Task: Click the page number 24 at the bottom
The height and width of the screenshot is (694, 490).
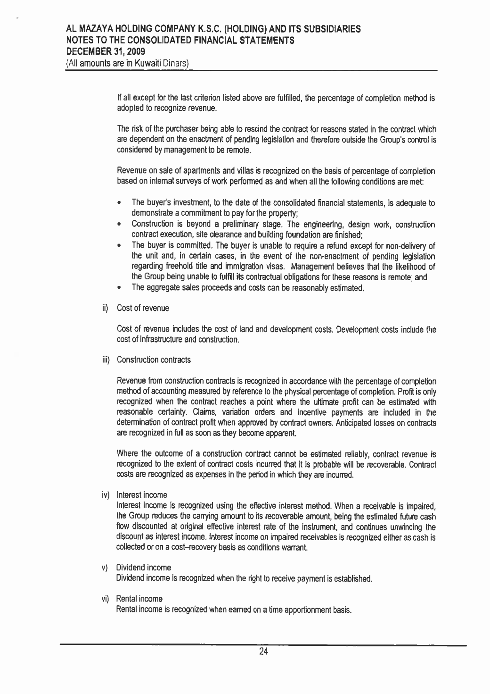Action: (263, 652)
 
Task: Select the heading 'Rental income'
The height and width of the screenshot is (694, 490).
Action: (139, 599)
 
